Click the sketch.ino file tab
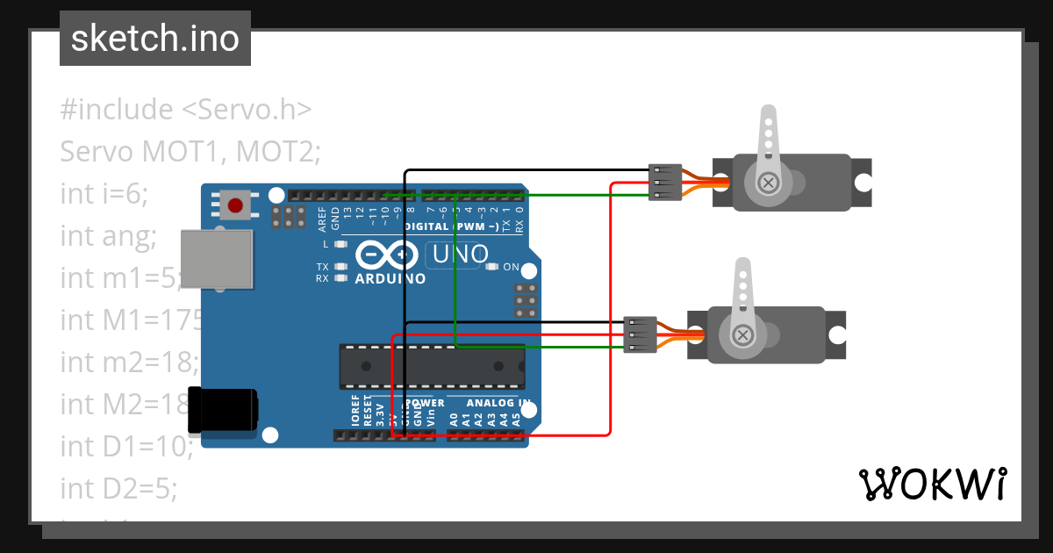[x=155, y=39]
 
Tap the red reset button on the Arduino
[x=234, y=206]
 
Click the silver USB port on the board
[x=217, y=259]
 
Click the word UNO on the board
[x=456, y=255]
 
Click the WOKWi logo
[x=932, y=484]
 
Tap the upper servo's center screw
[x=769, y=183]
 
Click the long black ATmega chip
[x=432, y=366]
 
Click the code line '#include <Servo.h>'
[x=186, y=110]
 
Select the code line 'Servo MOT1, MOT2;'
[x=190, y=152]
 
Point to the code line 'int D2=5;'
[x=118, y=488]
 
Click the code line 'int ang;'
[x=108, y=236]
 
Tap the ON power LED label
[x=511, y=267]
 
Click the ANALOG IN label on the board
[x=498, y=403]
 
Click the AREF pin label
[x=322, y=216]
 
